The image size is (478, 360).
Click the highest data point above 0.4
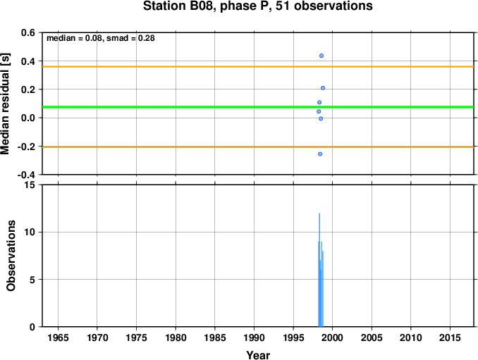321,56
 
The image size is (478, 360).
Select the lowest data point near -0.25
320,154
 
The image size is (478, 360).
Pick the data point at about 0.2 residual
323,88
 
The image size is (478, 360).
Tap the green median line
258,107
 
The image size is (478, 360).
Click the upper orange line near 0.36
258,66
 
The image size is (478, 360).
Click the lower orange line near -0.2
258,147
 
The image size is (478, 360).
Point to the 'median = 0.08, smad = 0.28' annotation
101,38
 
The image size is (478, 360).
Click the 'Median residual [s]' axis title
5,104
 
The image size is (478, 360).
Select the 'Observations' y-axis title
11,256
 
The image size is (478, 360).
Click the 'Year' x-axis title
258,355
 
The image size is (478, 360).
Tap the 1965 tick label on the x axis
58,337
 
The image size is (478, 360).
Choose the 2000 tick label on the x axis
333,337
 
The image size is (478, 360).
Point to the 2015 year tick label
450,337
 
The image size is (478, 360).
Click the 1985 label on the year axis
215,337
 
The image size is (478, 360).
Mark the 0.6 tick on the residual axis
28,32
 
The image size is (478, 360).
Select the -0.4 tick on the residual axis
26,175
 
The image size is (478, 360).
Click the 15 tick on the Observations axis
30,185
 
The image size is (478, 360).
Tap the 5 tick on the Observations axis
32,280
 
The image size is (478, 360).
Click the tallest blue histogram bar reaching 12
319,270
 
